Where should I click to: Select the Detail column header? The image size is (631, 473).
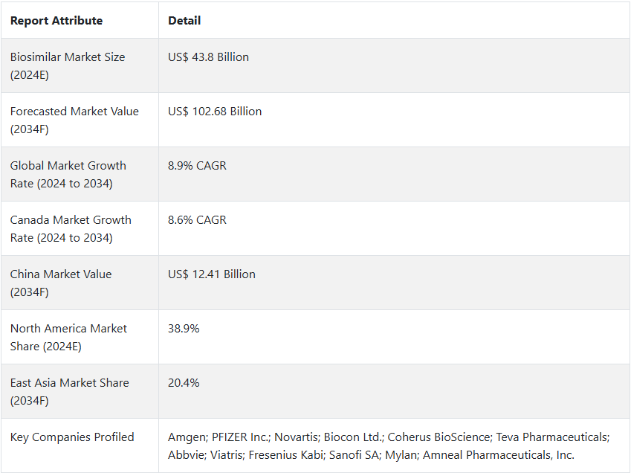click(x=184, y=21)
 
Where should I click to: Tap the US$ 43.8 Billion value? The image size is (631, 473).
click(x=208, y=57)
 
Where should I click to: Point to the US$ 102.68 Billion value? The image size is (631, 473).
click(x=215, y=112)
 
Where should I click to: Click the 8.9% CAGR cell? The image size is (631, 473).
click(x=197, y=166)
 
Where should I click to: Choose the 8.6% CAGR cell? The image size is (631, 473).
click(x=197, y=220)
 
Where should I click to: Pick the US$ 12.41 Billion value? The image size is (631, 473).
click(x=212, y=274)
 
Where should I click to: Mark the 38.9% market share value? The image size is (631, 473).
click(x=184, y=329)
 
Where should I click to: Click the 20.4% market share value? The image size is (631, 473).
click(x=184, y=383)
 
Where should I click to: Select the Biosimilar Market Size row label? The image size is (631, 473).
click(x=67, y=65)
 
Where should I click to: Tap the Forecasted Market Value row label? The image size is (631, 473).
click(x=74, y=120)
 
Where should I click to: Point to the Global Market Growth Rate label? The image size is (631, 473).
click(x=68, y=174)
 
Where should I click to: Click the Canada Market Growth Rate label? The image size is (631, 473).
click(x=71, y=228)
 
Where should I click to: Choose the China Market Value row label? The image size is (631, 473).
click(x=61, y=283)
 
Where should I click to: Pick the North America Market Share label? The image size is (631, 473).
click(x=68, y=337)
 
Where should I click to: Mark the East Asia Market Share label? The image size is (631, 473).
click(x=69, y=391)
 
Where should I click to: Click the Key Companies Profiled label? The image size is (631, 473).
click(x=72, y=437)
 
